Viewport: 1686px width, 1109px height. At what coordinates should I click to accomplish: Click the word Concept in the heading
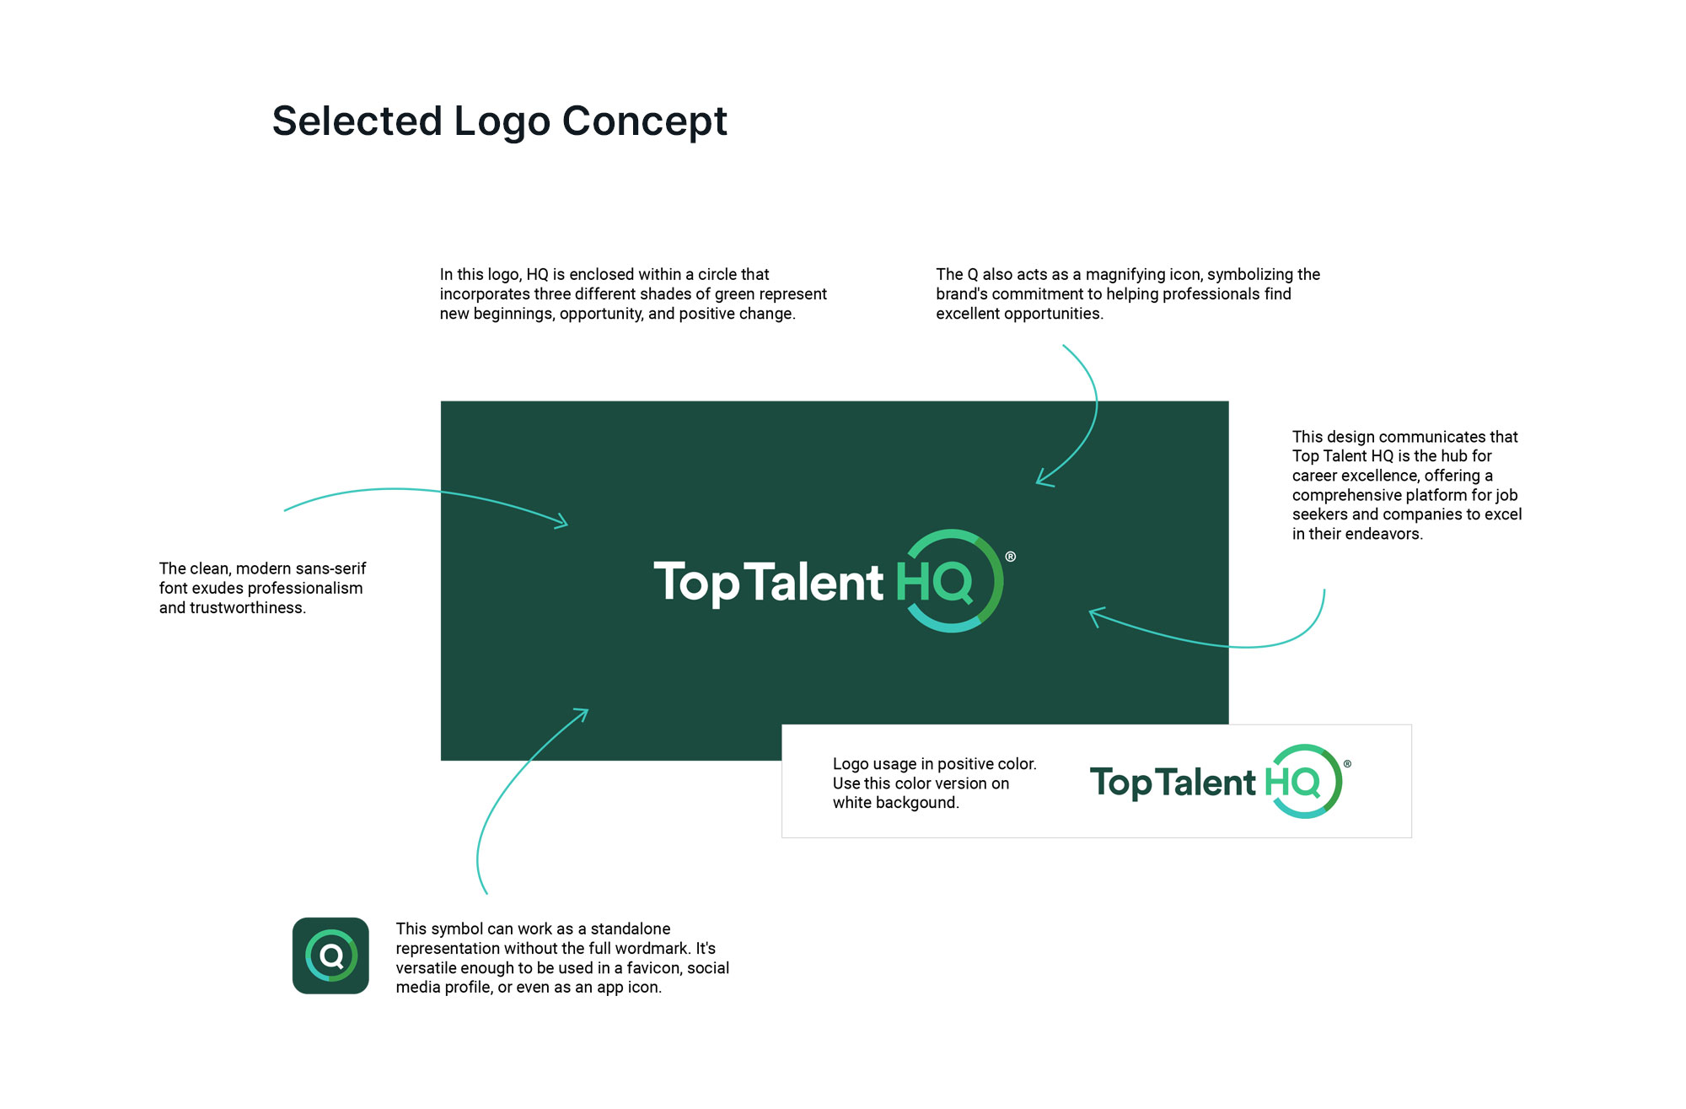[x=644, y=121]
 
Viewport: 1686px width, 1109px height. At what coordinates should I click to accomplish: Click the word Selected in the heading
[x=357, y=121]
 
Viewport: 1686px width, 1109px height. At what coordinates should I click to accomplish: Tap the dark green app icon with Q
[x=330, y=956]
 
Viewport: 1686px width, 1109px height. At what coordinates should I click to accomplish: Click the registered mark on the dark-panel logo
[x=1011, y=557]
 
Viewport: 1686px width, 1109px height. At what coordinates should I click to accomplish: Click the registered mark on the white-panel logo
[x=1347, y=764]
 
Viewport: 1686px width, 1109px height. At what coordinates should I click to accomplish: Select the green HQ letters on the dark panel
[x=934, y=582]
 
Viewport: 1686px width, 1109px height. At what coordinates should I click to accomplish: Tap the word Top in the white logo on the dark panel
[x=696, y=583]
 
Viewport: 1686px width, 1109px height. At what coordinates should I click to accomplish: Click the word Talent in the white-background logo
[x=1206, y=783]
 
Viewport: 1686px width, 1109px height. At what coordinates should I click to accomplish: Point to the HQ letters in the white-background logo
[x=1291, y=783]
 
